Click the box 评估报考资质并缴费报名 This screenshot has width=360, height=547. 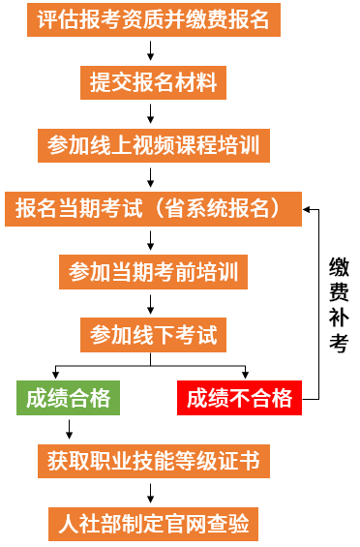153,20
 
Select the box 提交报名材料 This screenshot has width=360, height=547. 153,82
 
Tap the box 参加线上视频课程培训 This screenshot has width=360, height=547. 153,145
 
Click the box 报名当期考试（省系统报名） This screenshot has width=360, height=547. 152,208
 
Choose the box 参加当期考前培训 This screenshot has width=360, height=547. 153,271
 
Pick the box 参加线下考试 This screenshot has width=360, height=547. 153,335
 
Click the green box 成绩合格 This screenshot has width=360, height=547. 68,398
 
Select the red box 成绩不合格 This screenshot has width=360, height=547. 239,398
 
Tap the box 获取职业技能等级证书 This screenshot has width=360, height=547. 153,461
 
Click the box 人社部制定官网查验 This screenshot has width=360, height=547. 153,524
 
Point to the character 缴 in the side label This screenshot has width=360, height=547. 339,267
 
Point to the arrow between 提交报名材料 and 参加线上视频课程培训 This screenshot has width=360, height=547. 153,114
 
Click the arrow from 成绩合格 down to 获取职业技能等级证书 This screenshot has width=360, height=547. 68,429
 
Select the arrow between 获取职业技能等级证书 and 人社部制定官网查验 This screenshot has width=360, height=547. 153,493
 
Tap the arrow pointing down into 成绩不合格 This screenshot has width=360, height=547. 245,373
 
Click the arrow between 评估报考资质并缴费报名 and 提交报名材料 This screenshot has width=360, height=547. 153,51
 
